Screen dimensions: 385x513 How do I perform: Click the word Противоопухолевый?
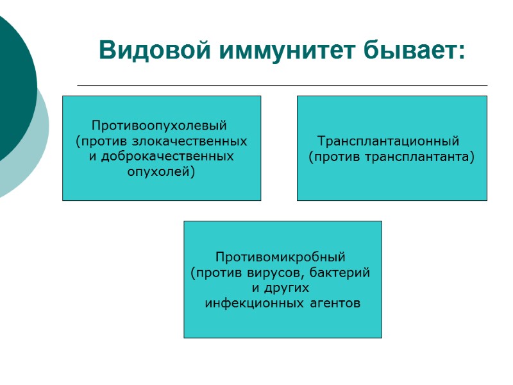click(160, 124)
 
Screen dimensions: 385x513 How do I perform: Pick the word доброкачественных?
click(168, 156)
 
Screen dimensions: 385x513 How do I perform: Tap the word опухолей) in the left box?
click(161, 171)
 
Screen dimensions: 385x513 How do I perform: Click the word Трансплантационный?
click(389, 141)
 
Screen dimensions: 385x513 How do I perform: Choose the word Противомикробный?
click(280, 257)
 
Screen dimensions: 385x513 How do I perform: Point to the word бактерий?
click(341, 273)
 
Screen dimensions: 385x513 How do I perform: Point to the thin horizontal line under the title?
click(282, 85)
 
